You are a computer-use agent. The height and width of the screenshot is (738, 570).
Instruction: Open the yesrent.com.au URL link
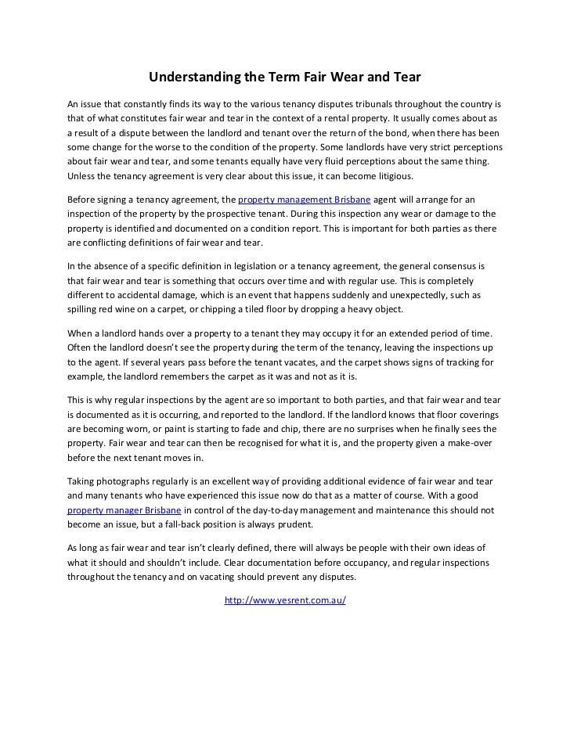pyautogui.click(x=285, y=601)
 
